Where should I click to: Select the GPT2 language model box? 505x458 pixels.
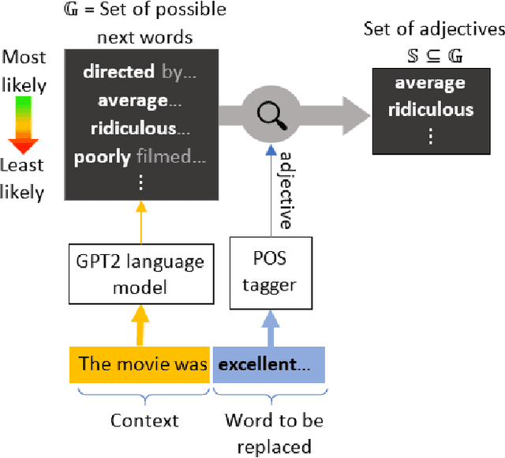[x=140, y=274]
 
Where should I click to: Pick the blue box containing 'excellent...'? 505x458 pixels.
[x=268, y=364]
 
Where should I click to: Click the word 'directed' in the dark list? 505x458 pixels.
[x=118, y=72]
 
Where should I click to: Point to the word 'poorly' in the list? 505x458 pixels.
[x=102, y=156]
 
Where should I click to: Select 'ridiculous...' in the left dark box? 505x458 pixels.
[x=140, y=128]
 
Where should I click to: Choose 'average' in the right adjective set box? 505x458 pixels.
[x=430, y=84]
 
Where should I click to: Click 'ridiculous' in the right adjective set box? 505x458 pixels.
[x=430, y=110]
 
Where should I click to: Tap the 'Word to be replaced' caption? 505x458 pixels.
[x=274, y=434]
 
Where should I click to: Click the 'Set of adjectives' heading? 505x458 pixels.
[x=433, y=29]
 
